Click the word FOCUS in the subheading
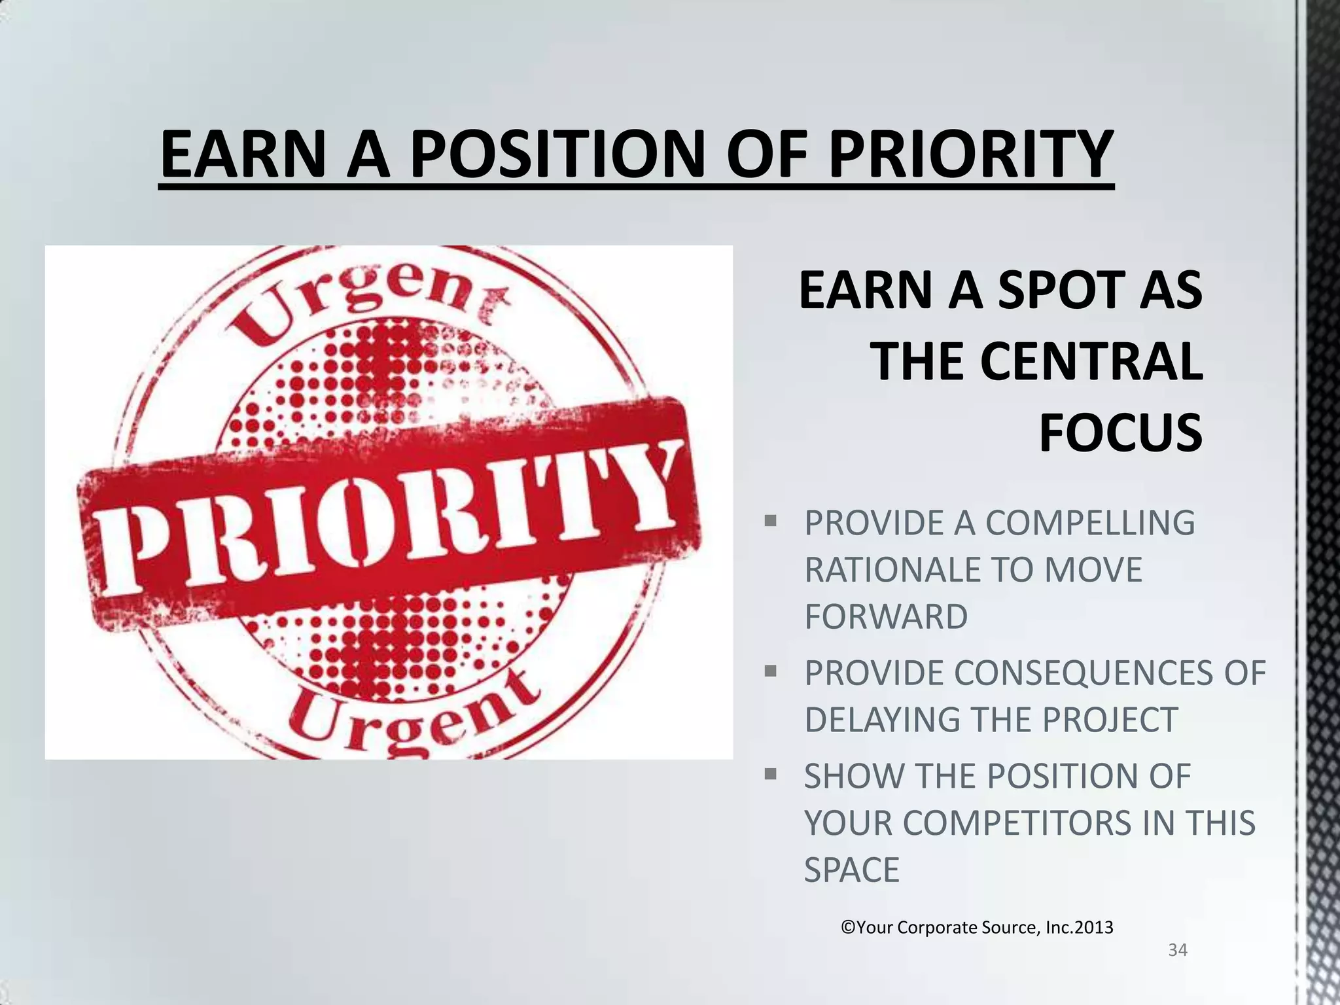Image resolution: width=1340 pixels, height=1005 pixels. click(x=1120, y=432)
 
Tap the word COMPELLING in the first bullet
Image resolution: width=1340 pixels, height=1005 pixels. click(x=1090, y=523)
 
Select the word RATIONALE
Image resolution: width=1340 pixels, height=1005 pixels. click(x=883, y=569)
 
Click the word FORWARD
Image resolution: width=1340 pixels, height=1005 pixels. click(x=886, y=616)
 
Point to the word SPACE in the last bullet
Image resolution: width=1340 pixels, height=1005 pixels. click(x=852, y=870)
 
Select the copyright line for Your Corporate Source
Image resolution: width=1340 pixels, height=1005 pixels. click(x=977, y=927)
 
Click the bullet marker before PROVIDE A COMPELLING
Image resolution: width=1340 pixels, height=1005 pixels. click(x=770, y=521)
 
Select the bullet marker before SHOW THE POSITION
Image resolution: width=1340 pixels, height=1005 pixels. click(x=770, y=775)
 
